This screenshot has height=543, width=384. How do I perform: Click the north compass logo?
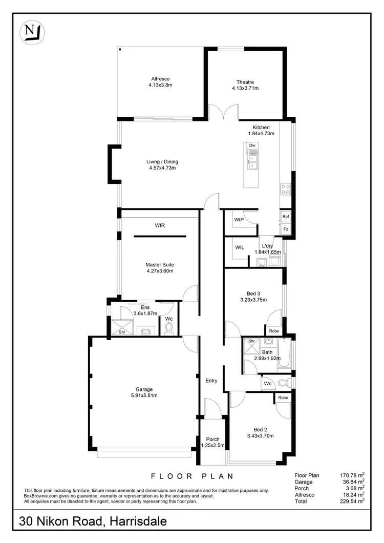(32, 32)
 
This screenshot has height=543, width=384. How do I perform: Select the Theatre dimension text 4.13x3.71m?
(245, 88)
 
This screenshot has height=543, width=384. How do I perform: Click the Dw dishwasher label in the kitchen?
(252, 146)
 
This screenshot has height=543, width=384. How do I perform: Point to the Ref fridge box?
(286, 217)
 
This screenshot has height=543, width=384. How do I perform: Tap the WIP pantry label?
(239, 220)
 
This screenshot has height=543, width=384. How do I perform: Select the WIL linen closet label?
(240, 247)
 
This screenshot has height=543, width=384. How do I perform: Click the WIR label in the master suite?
(160, 225)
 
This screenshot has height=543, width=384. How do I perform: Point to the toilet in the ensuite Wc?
(169, 328)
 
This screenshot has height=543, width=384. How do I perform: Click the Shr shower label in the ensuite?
(122, 332)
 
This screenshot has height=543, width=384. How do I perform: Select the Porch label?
(212, 440)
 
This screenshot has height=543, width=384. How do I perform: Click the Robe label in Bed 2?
(283, 398)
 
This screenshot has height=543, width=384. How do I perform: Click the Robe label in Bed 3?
(274, 331)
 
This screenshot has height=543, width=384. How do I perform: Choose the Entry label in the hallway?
(211, 381)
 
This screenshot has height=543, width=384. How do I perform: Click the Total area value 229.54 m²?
(353, 501)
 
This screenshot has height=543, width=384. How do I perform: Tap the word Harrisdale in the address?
(136, 523)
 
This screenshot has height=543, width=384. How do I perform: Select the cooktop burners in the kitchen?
(285, 190)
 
